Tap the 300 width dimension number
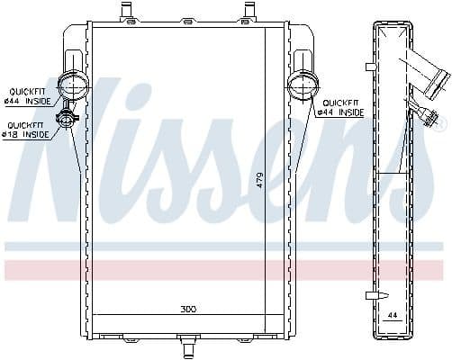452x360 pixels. tap(187, 309)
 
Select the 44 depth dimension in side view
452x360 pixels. tap(393, 315)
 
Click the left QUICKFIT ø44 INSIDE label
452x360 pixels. tap(28, 96)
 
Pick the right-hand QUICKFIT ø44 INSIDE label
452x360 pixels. tap(343, 108)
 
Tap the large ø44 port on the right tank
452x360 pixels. tap(300, 87)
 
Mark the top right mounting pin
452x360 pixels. tap(248, 11)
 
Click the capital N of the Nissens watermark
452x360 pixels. tap(68, 153)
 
